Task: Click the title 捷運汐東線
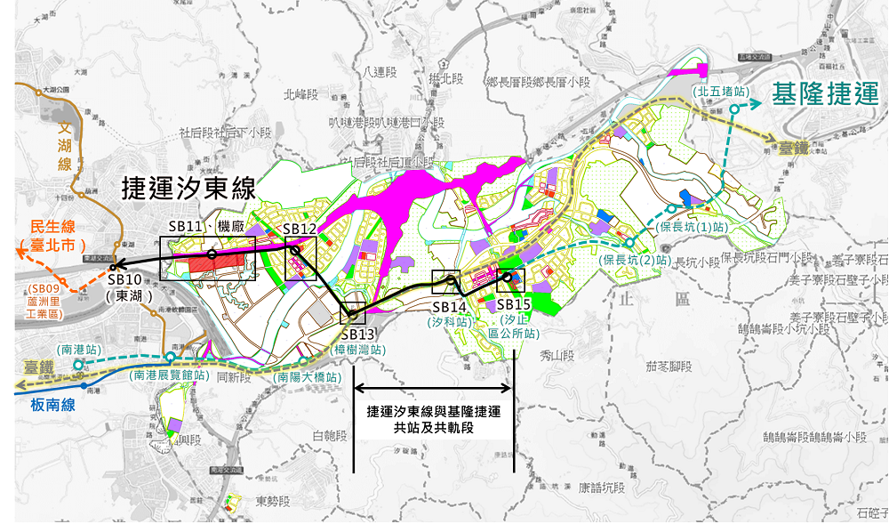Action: tap(189, 189)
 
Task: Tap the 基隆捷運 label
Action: tap(825, 95)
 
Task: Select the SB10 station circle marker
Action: tap(114, 266)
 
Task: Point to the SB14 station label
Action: tap(449, 307)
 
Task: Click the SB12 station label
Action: tap(300, 230)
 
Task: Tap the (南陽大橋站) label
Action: tap(308, 377)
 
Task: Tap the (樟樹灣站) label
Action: tap(359, 351)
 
